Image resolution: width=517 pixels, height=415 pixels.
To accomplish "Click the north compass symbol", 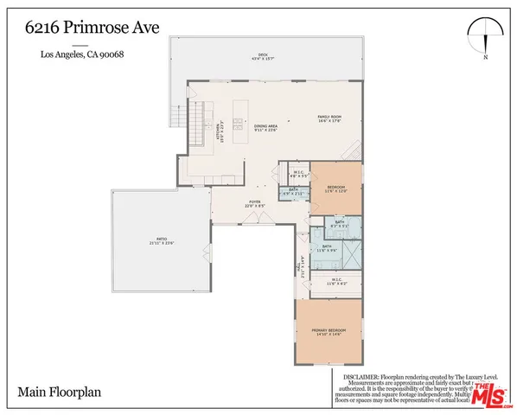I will [x=487, y=37].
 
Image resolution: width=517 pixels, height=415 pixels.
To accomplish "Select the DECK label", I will [x=263, y=54].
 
